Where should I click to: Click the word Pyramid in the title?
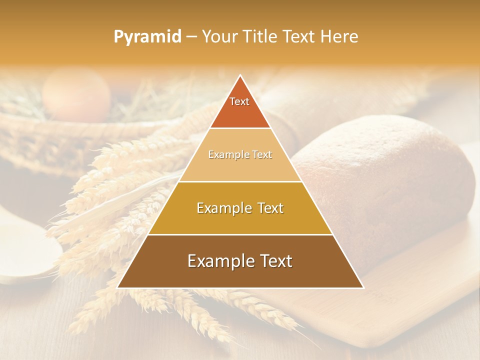click(x=147, y=37)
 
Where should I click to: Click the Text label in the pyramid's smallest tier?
click(x=239, y=101)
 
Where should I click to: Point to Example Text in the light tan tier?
click(x=240, y=155)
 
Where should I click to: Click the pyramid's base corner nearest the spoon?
click(x=118, y=287)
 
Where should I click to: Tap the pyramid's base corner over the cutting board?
click(x=363, y=287)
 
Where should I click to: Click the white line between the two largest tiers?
click(x=240, y=234)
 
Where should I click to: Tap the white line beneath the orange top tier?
click(x=240, y=128)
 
